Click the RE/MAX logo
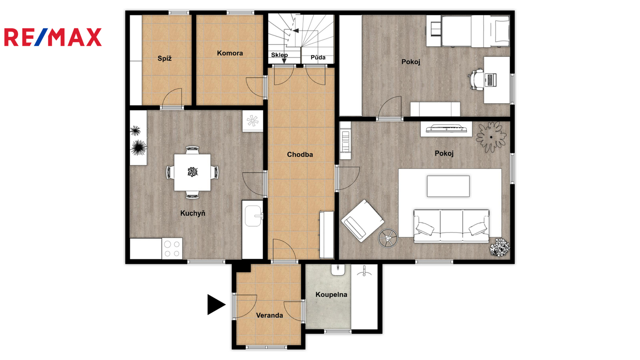[53, 37]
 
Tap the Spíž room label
[164, 58]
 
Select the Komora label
[230, 53]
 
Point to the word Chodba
[300, 154]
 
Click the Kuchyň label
[193, 213]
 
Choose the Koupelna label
[332, 294]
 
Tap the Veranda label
[270, 316]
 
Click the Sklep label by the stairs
[280, 55]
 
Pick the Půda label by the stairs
[318, 58]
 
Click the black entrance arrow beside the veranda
[216, 304]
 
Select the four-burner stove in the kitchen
[172, 248]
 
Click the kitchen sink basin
[253, 216]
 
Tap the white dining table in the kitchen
[192, 172]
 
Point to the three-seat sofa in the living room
[452, 226]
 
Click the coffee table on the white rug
[448, 186]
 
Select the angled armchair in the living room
[362, 220]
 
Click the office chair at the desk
[476, 80]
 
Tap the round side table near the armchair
[388, 238]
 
